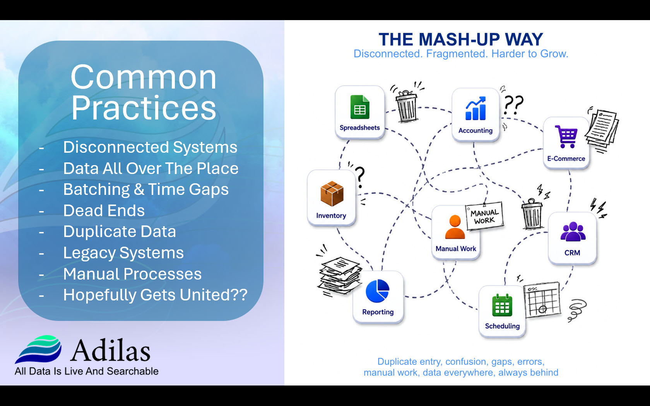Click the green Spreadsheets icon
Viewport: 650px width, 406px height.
(x=359, y=107)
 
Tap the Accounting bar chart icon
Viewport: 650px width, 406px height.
(x=476, y=108)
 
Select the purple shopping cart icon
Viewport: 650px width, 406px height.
(x=566, y=136)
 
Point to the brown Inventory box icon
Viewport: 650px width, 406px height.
(x=332, y=193)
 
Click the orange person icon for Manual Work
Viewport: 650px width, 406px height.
(x=455, y=227)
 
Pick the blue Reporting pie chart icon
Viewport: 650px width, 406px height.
(x=377, y=291)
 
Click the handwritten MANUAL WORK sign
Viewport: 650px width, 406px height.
(x=484, y=217)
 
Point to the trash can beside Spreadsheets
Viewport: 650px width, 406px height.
(x=407, y=106)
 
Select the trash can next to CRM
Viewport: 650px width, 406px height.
(x=532, y=214)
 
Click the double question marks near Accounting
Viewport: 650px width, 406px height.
(x=513, y=105)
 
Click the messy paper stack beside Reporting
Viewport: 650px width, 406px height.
(x=340, y=275)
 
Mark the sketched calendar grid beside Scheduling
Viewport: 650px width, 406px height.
(x=542, y=300)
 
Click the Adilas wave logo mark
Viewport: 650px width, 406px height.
(x=38, y=349)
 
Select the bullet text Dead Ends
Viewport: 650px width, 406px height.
(x=104, y=210)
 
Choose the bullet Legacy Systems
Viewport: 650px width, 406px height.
(x=123, y=252)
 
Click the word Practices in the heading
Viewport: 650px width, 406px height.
(x=144, y=107)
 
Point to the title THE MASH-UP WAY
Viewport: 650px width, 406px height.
(x=461, y=39)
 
